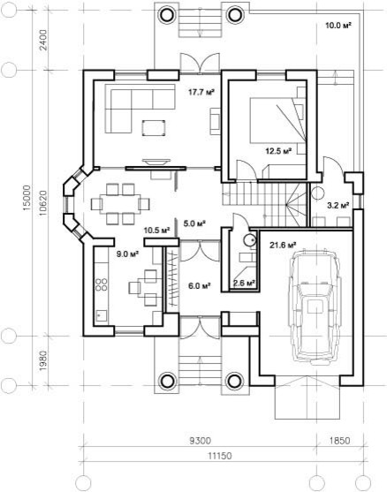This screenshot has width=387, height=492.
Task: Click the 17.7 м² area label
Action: coord(201,92)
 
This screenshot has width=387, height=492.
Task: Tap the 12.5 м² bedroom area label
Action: coord(278,152)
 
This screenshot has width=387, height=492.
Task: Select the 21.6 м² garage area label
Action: coord(283,245)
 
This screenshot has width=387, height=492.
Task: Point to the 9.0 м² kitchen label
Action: coord(128,254)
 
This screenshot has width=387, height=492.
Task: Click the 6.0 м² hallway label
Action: coord(199,286)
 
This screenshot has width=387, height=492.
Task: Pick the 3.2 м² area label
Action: coord(338,206)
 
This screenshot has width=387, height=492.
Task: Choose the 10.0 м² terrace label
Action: coord(338,26)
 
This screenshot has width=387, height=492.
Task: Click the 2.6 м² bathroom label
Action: coord(244,283)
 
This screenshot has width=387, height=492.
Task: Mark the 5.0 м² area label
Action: coord(194,223)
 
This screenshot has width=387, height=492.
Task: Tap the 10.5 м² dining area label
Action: coord(157,231)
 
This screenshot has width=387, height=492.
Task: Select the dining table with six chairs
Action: coord(120,204)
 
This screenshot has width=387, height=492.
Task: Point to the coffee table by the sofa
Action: coord(154,128)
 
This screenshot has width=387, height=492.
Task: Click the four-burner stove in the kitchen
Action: coord(101,284)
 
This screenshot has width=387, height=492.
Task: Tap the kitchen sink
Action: coord(101,314)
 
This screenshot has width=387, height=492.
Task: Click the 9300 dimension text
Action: coord(201,441)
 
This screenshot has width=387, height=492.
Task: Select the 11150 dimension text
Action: coord(220,456)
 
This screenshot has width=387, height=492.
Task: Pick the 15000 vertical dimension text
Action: coord(27,197)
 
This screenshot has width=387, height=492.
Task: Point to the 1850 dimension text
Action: coord(340,441)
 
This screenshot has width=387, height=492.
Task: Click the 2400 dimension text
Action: coord(43,40)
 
